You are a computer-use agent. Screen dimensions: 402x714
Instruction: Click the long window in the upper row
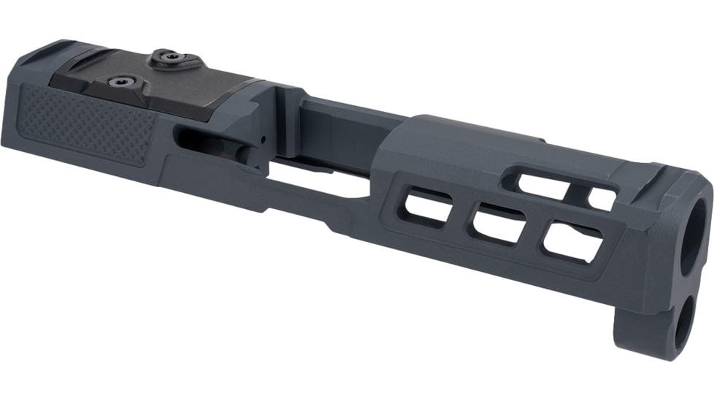point(541,183)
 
